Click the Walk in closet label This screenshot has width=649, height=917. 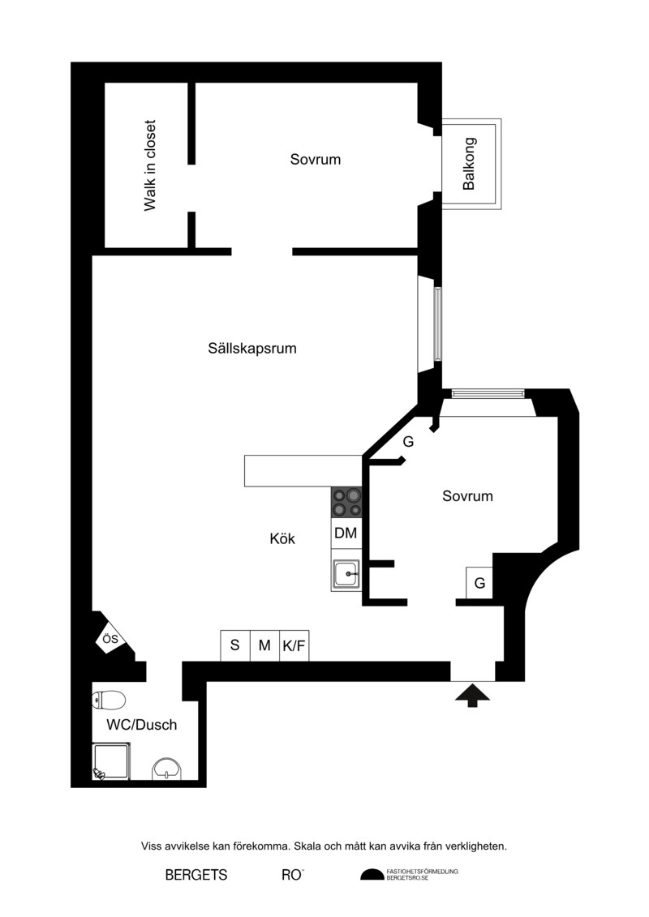(x=150, y=165)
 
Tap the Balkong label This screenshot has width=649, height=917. (x=470, y=164)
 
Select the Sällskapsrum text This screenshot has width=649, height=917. (x=252, y=349)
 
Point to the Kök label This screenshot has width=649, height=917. (x=282, y=538)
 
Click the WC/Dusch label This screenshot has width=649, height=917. (x=142, y=725)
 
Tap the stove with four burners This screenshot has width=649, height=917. (x=346, y=503)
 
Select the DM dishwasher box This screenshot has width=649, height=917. (x=346, y=533)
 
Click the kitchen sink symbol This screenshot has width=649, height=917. (x=346, y=575)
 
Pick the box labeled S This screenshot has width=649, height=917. (x=235, y=645)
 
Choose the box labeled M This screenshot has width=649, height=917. (x=265, y=645)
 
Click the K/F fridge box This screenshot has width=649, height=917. (x=294, y=645)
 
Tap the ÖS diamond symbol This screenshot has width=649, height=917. (x=110, y=639)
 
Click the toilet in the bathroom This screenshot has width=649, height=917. (x=109, y=700)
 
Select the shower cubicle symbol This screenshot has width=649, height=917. (x=111, y=761)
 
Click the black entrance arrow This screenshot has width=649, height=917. (x=472, y=696)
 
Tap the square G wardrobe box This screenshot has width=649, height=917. (x=479, y=583)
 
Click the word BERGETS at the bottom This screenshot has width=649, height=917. (x=196, y=875)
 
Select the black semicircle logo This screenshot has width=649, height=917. (x=372, y=874)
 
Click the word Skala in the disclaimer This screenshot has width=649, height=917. (x=308, y=846)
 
